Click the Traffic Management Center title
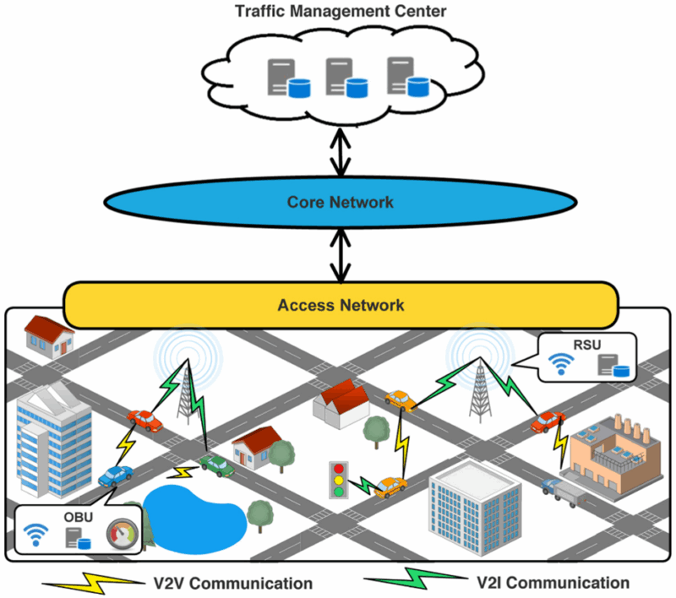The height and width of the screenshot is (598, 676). point(341,13)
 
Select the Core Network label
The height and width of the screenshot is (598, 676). point(340,202)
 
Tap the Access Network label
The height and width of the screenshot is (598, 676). point(341,304)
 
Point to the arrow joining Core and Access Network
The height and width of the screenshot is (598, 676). point(341,255)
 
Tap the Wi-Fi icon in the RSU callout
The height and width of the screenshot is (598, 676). point(559,364)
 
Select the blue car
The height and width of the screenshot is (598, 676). point(115,476)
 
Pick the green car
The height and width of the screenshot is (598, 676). point(216,464)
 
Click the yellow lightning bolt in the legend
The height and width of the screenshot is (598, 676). point(91,582)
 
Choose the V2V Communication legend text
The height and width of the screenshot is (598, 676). point(233,583)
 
